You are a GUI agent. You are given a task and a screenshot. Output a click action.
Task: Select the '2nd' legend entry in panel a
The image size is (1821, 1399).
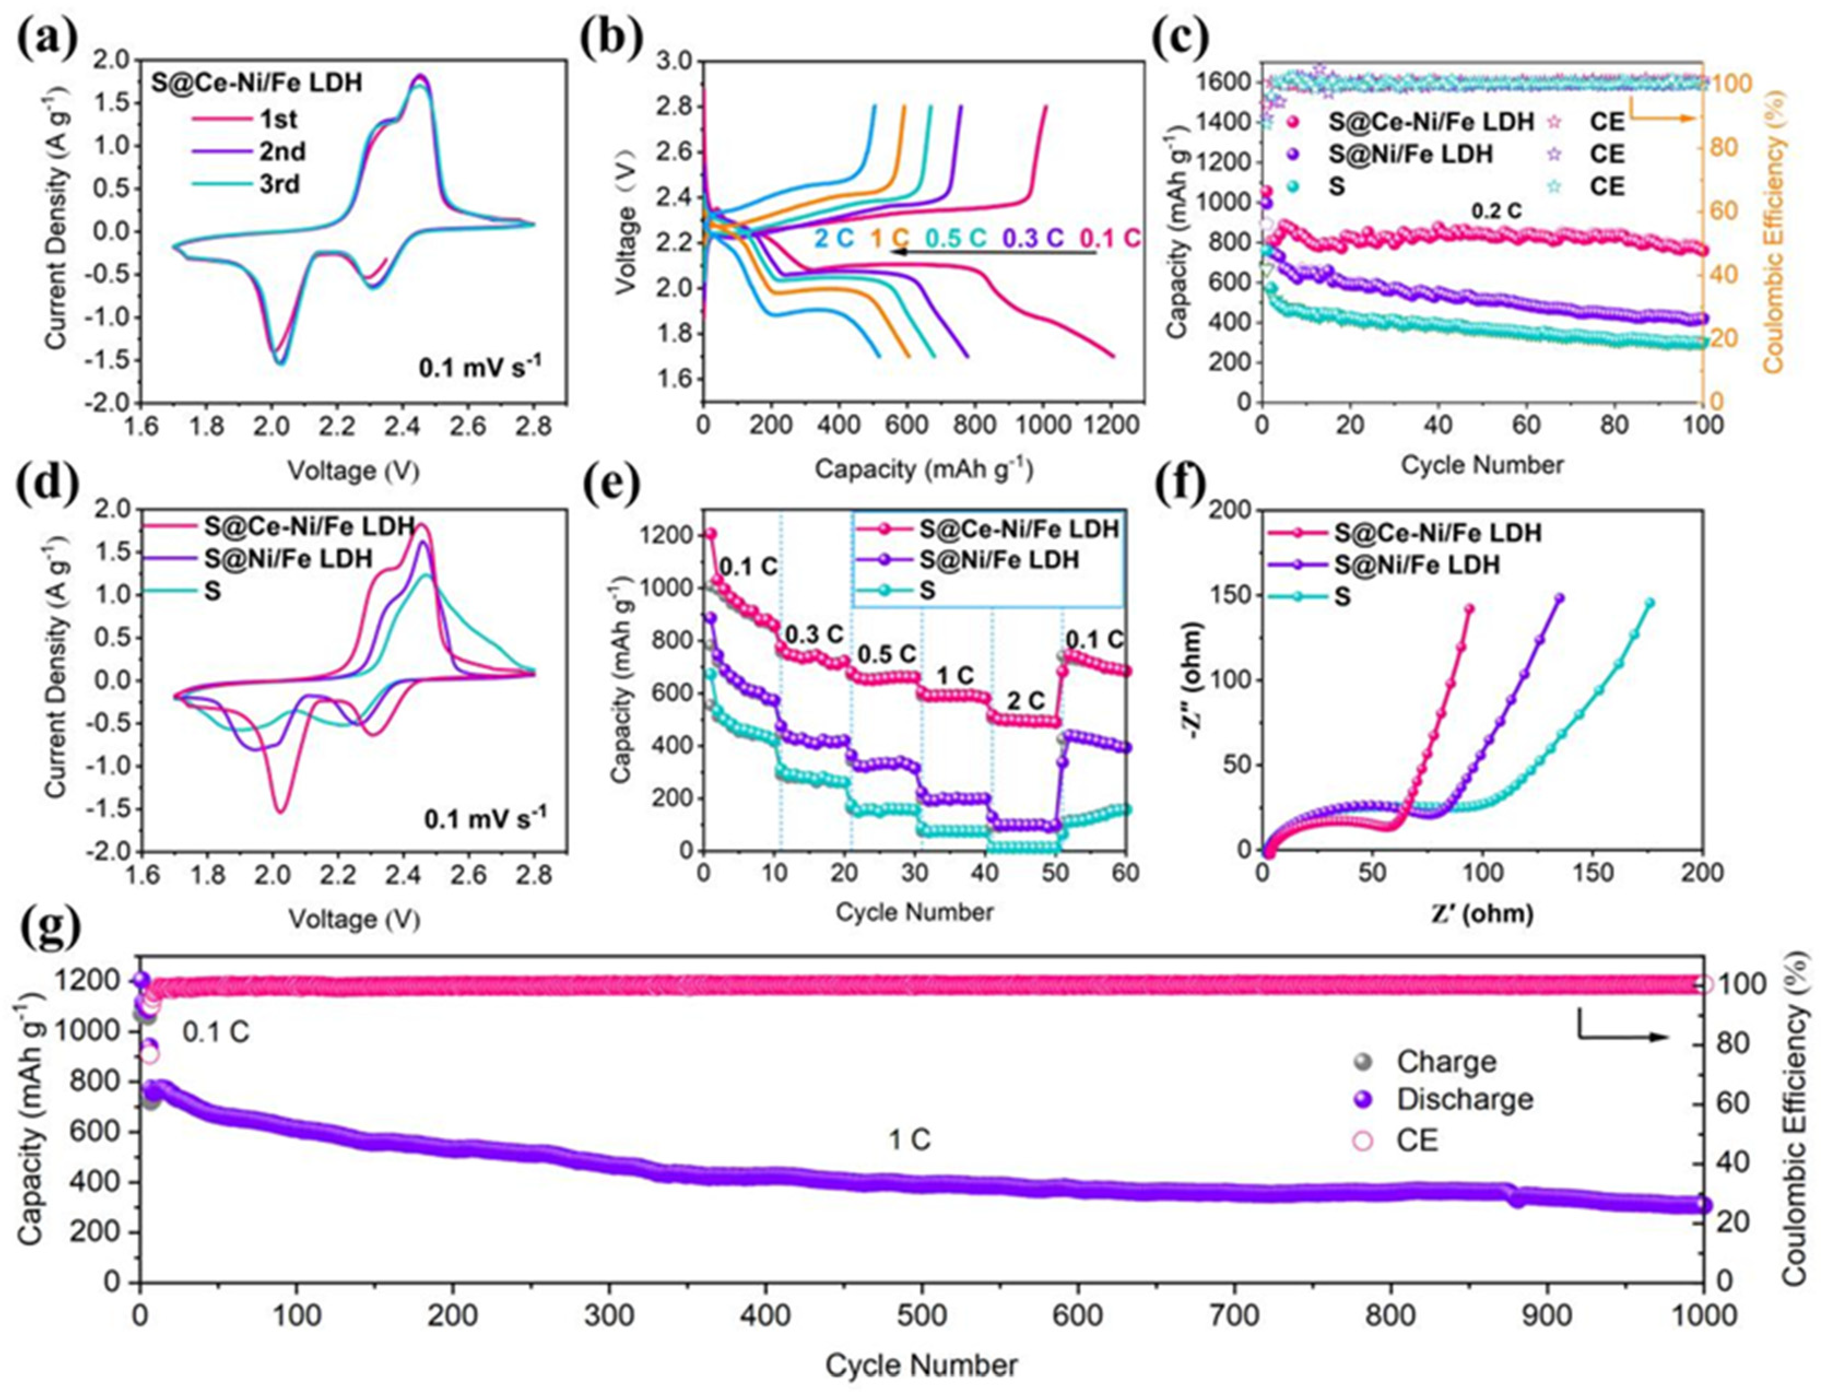[x=281, y=151]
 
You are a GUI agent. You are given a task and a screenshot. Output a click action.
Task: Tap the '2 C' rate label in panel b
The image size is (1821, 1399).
[x=834, y=238]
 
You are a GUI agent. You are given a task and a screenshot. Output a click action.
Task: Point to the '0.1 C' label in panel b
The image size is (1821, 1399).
[x=1109, y=238]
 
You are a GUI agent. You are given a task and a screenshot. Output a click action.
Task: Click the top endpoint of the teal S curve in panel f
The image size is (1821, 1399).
[x=1649, y=602]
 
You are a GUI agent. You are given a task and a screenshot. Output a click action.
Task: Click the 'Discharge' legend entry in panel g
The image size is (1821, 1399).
[x=1464, y=1099]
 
